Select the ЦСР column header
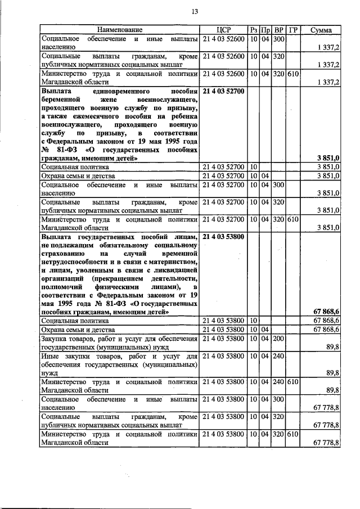point(223,29)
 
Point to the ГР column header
point(292,29)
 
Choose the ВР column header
point(278,29)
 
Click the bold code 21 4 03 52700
point(223,91)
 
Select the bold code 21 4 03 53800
point(223,237)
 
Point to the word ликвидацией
point(177,269)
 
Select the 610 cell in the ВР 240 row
point(292,381)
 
